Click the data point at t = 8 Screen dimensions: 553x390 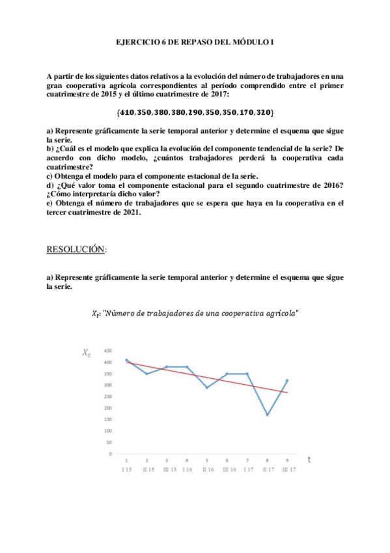267,415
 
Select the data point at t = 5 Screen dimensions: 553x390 207,387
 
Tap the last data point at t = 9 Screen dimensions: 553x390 287,380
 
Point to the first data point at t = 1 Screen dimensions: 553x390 126,360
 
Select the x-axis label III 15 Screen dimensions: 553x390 167,470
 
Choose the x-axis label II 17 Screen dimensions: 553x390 267,470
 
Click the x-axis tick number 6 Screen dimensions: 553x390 227,460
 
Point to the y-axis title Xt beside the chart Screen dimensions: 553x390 87,353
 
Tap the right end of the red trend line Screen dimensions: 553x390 287,393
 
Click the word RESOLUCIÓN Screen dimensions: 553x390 76,249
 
